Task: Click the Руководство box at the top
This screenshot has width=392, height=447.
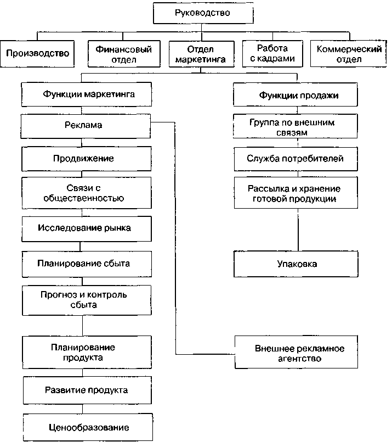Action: tap(203, 13)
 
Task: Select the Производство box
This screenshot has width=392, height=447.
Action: tap(37, 54)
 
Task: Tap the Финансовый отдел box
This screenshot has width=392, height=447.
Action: tap(124, 54)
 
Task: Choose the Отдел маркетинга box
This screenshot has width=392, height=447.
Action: tap(202, 54)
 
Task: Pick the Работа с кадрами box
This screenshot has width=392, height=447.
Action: tap(272, 54)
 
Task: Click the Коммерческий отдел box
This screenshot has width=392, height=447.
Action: tap(349, 54)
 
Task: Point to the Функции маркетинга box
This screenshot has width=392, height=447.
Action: tap(87, 94)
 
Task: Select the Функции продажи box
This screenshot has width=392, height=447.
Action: tap(295, 94)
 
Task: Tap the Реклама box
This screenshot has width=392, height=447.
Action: tap(86, 126)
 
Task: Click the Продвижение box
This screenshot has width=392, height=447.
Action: tap(86, 159)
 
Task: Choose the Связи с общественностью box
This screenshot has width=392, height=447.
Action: tap(87, 193)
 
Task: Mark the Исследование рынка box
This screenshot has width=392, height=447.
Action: tap(87, 229)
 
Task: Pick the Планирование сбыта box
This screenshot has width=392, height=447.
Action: tap(87, 264)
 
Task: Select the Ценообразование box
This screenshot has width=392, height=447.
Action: tap(88, 427)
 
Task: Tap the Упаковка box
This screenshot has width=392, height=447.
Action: tap(296, 264)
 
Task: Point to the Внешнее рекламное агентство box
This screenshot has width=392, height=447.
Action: tap(296, 352)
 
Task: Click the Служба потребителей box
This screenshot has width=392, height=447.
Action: tap(296, 159)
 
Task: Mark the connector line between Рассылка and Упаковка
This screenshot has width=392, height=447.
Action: tap(298, 230)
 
